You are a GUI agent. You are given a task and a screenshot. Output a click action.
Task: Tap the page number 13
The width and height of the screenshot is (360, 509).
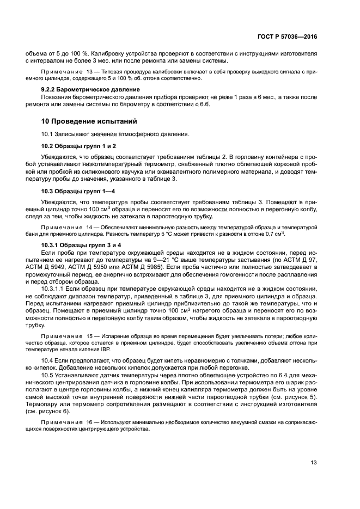[x=314, y=463]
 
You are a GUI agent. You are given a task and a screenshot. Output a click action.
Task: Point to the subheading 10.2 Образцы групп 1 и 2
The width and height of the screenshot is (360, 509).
[x=79, y=146]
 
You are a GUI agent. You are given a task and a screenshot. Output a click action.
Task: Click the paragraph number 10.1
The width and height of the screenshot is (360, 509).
[x=48, y=134]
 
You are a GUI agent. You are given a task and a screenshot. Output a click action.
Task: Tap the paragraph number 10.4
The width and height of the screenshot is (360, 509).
[x=48, y=360]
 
